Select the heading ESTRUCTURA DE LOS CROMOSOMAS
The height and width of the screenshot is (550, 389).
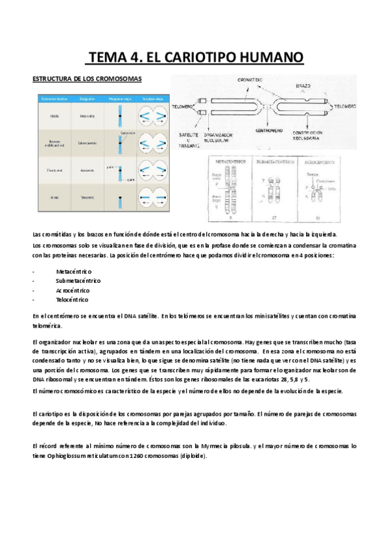point(80,79)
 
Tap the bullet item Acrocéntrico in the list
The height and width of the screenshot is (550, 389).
point(73,291)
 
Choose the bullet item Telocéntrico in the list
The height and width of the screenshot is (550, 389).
point(73,300)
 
